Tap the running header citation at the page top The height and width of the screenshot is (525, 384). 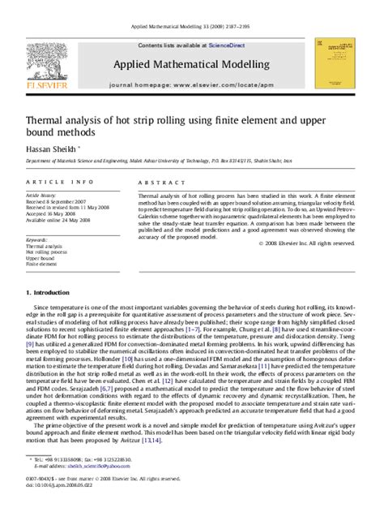[192, 6]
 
